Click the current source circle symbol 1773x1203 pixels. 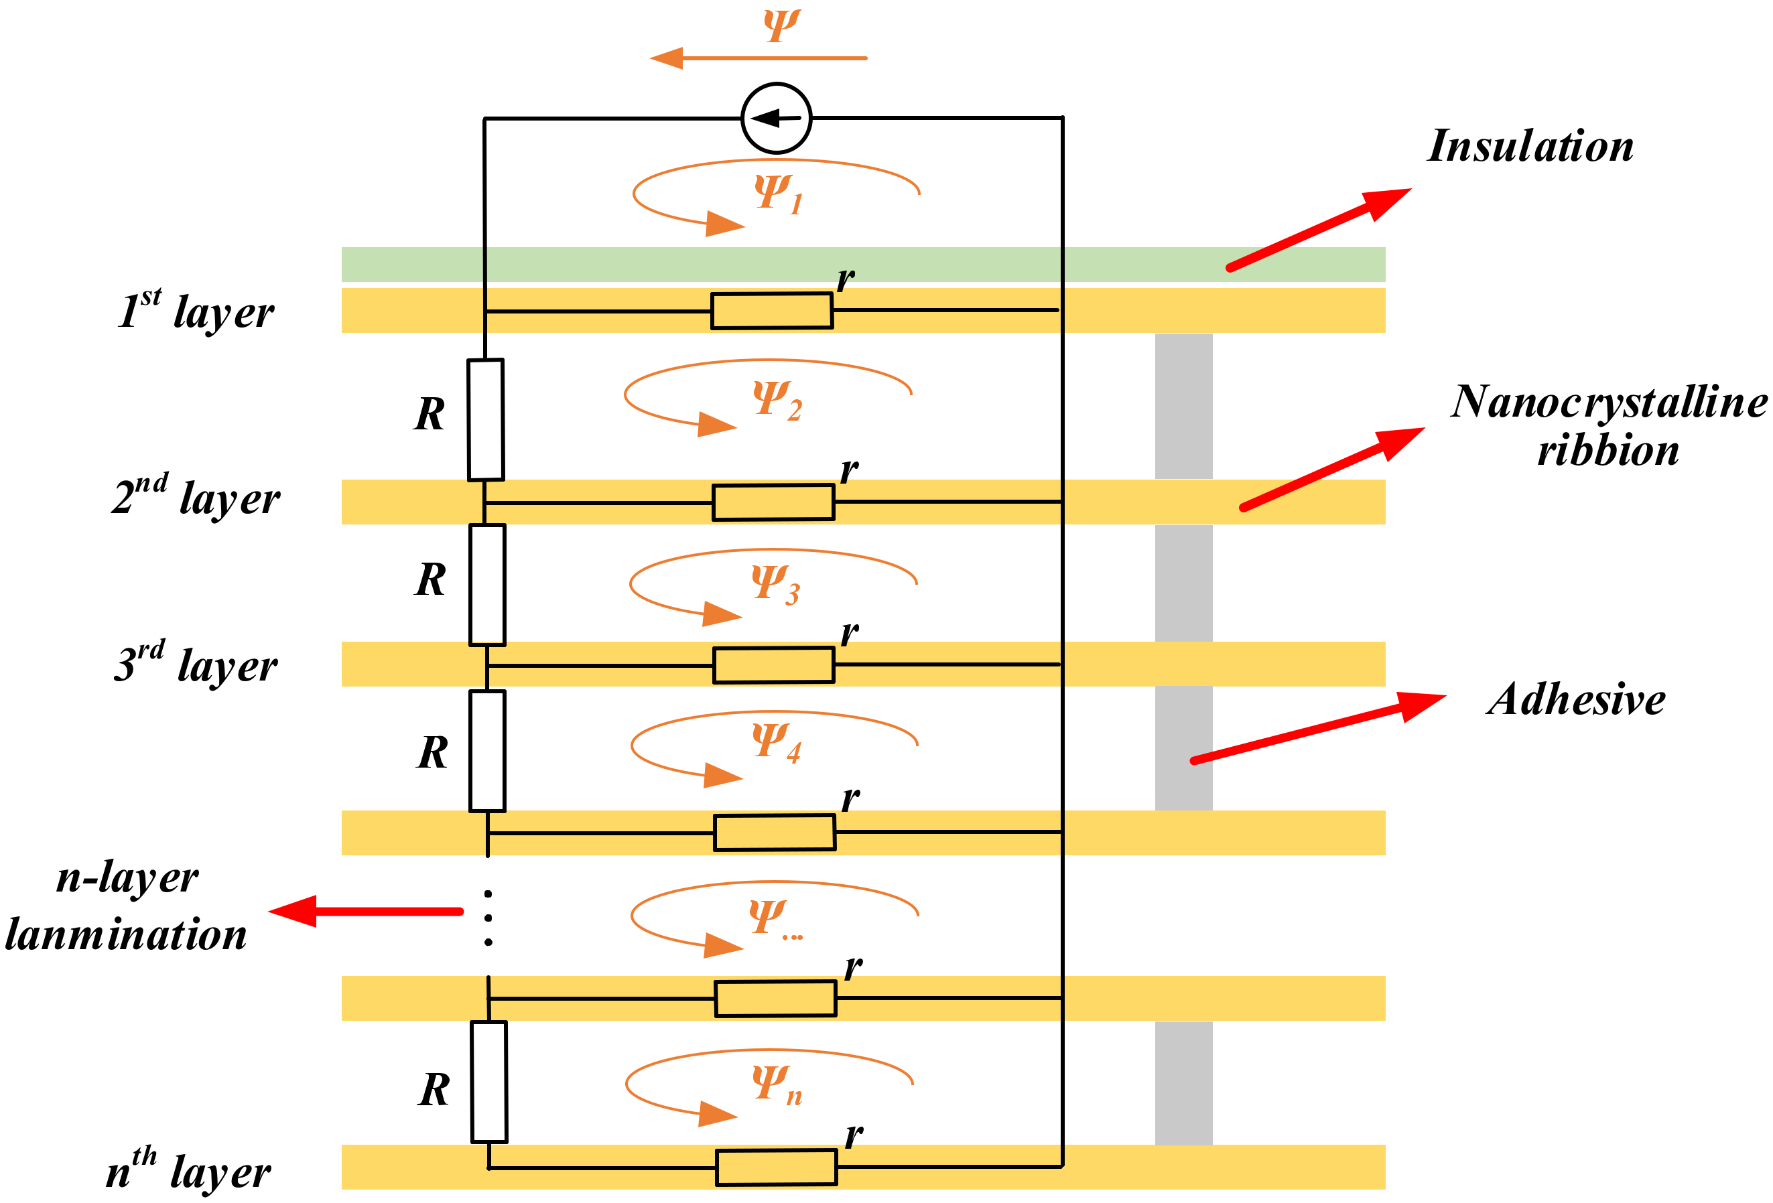click(x=776, y=119)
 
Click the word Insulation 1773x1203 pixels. click(x=1530, y=146)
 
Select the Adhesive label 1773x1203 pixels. click(x=1575, y=699)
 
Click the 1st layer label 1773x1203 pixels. click(x=196, y=311)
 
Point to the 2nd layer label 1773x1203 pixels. click(x=196, y=498)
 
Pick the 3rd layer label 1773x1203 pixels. click(x=196, y=664)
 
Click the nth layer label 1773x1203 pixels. click(x=188, y=1171)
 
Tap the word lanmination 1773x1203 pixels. click(x=127, y=934)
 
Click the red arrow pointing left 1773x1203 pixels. click(x=367, y=911)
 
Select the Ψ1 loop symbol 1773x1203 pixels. click(x=777, y=193)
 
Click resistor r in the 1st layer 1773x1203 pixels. click(x=771, y=311)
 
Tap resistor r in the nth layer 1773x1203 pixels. click(x=776, y=1167)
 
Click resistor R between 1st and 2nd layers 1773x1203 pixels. click(x=485, y=419)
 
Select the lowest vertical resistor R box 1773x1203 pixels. click(x=489, y=1082)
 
